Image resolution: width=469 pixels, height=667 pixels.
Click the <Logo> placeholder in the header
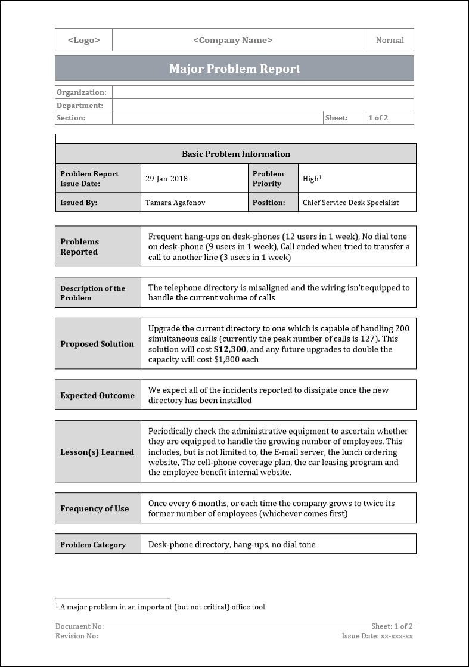point(83,40)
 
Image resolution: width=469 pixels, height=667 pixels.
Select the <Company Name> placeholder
point(233,40)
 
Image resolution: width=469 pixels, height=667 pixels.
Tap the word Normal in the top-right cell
point(390,40)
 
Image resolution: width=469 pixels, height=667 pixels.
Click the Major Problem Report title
point(234,69)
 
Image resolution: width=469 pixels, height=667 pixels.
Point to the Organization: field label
point(81,92)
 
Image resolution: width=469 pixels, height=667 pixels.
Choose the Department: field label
point(80,106)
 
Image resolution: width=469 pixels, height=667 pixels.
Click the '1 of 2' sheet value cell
point(378,118)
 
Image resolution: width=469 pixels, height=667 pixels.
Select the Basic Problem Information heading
point(236,154)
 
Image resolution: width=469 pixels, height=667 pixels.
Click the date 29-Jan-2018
point(166,179)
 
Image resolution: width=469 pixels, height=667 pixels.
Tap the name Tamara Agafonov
point(175,203)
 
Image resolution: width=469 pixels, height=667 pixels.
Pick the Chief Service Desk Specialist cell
point(350,203)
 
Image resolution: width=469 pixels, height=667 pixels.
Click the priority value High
point(310,179)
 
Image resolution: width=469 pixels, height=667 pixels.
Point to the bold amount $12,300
point(229,349)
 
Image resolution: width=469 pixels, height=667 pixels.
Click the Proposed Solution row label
point(97,344)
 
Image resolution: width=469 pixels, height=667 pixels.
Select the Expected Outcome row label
point(97,395)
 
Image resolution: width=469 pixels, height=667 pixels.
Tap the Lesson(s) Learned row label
point(97,452)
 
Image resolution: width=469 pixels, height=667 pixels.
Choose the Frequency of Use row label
point(94,508)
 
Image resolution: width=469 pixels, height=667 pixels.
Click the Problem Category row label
point(93,544)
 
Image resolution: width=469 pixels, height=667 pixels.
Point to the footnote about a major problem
point(160,607)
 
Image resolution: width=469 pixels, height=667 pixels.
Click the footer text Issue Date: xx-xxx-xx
point(377,636)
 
